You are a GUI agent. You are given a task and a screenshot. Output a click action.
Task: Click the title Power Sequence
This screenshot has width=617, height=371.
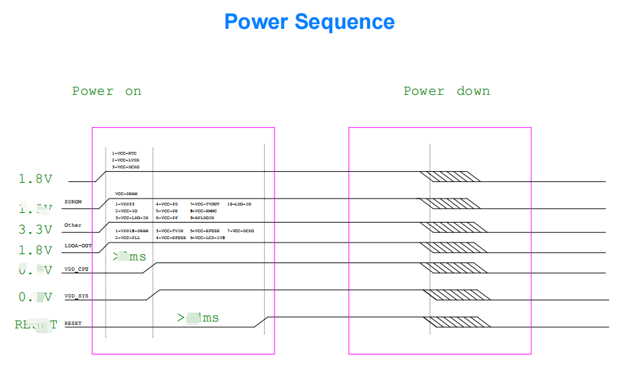(310, 22)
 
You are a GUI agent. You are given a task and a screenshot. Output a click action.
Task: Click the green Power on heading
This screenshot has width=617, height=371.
(106, 91)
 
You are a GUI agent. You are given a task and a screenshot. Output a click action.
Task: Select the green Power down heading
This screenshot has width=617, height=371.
(446, 91)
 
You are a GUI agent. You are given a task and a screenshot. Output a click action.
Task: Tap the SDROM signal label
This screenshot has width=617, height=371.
(73, 202)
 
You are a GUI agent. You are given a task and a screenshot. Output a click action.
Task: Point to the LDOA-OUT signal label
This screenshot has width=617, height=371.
(78, 245)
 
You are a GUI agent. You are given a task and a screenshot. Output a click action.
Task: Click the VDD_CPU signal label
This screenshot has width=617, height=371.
(76, 269)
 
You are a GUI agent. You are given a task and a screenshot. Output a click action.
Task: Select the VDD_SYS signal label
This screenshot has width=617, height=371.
(76, 296)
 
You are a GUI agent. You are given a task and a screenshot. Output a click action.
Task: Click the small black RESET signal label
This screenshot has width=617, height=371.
(72, 323)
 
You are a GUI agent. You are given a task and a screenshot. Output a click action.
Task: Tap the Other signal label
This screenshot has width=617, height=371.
(73, 225)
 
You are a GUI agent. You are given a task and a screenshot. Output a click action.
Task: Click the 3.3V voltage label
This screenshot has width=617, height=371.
(35, 229)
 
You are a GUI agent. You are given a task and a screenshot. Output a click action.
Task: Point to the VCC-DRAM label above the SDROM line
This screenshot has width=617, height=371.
(126, 194)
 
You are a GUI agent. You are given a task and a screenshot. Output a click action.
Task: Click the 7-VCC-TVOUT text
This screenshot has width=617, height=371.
(205, 204)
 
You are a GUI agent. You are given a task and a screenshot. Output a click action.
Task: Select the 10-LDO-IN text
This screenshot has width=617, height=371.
(239, 204)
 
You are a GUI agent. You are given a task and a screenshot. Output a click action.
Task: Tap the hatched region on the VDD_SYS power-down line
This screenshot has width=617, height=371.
(458, 295)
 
